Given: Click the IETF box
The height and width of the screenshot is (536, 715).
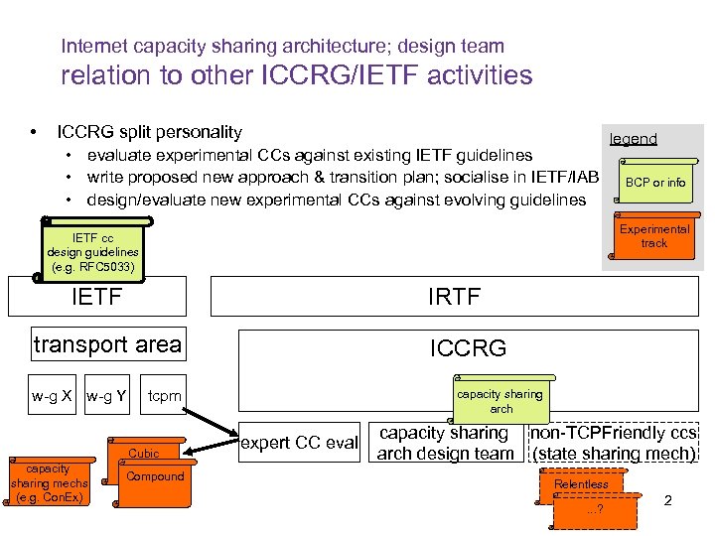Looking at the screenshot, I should pos(97,295).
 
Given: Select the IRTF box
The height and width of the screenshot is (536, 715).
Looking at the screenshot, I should pos(454,295).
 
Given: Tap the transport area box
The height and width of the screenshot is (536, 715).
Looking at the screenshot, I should pos(107,345).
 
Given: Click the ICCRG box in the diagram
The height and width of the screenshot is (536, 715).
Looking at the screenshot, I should pos(468,347).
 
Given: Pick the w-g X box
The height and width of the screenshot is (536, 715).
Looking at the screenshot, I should pos(52,397).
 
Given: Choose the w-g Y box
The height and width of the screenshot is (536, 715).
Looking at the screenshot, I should pos(105,397).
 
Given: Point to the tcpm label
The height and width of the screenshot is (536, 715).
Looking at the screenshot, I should pos(165,397).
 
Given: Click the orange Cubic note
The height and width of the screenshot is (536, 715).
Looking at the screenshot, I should pos(145,453).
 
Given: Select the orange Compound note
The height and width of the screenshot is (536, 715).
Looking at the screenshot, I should pos(156,476).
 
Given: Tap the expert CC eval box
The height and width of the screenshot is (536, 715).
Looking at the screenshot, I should pos(300,443).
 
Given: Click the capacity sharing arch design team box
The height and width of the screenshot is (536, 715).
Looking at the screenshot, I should pos(445,443).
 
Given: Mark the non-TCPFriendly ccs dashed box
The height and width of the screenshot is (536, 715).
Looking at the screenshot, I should pos(613,443).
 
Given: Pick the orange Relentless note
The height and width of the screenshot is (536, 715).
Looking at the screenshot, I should pos(582,484).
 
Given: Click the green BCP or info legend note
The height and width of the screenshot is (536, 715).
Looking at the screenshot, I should pos(654,182).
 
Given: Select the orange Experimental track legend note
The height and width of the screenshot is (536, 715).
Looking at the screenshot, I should pos(654,236).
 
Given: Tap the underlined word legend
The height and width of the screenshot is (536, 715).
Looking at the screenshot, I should pos(633,139).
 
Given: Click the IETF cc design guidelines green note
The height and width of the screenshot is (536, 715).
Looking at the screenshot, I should pos(92,253).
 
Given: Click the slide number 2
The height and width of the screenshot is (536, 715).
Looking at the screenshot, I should pos(667,500).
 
